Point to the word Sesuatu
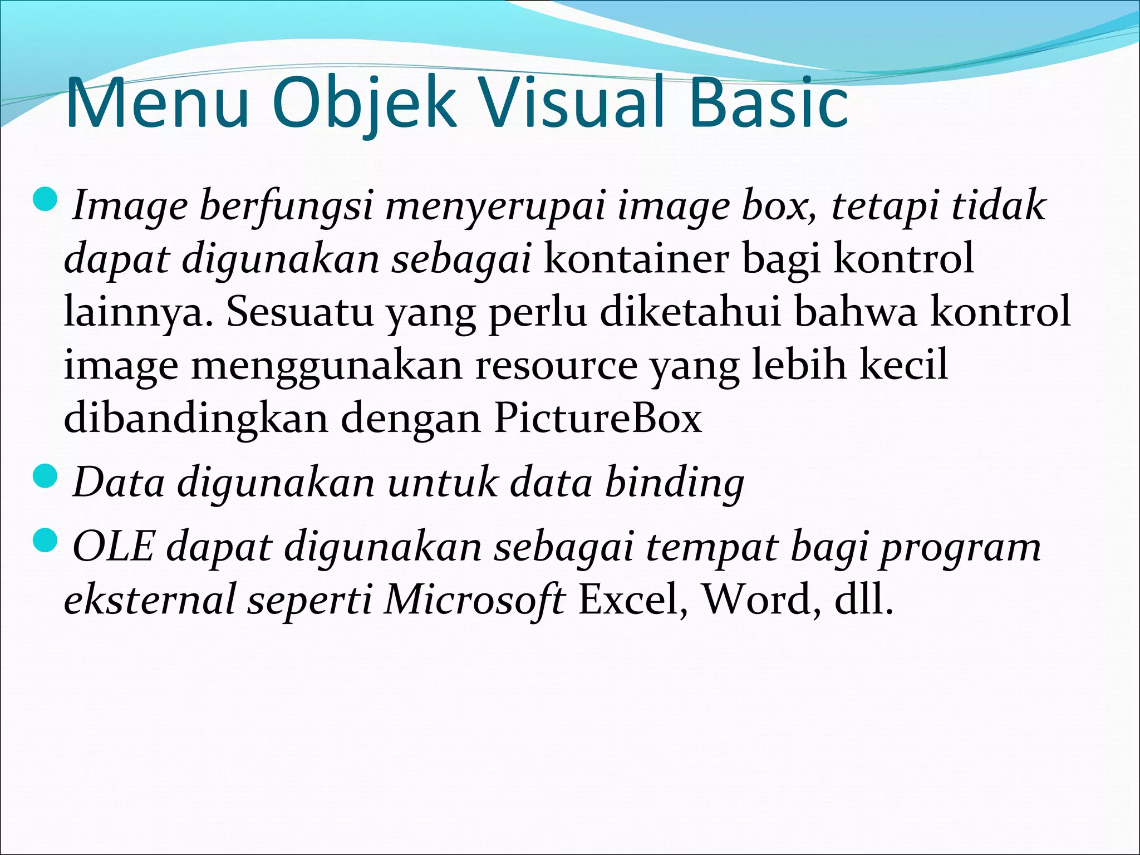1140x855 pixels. (300, 312)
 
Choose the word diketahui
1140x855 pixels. (690, 312)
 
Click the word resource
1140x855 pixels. (556, 365)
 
